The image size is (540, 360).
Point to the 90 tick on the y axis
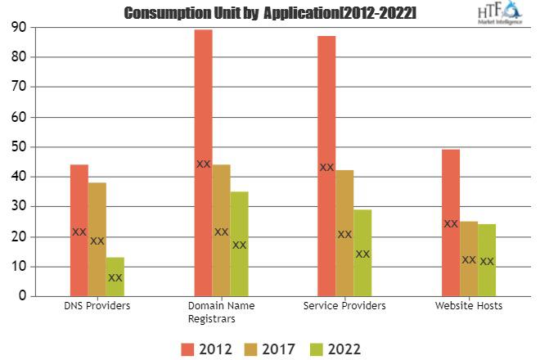pos(16,28)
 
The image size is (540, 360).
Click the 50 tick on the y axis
pos(16,147)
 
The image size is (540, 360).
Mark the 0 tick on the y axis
pos(20,297)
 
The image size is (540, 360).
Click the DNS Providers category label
pos(97,306)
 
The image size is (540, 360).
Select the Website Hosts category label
pos(469,306)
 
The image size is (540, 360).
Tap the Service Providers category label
pos(344,306)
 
